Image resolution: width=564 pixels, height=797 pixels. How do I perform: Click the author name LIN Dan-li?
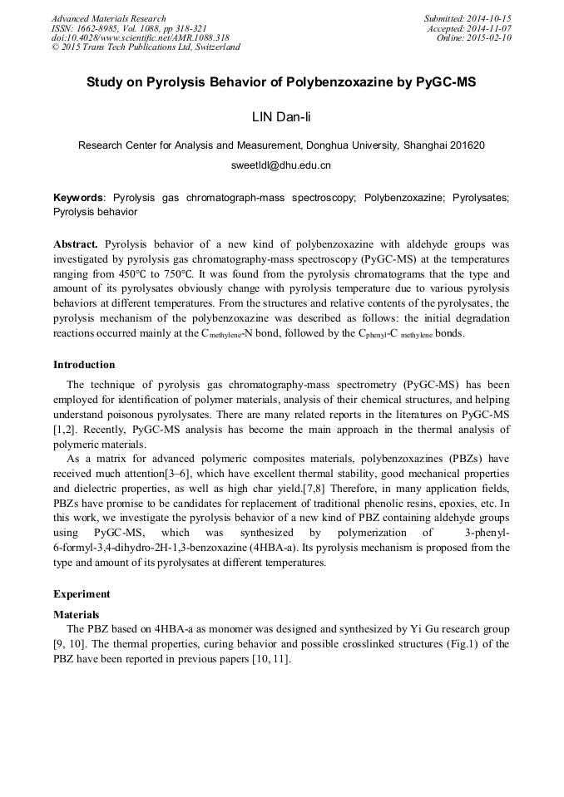281,115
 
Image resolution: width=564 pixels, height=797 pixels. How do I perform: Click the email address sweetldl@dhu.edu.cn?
281,165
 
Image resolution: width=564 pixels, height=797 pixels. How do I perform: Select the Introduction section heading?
84,365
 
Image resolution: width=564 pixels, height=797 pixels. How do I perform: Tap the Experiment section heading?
81,594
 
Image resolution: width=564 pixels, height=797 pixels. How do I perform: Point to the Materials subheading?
77,615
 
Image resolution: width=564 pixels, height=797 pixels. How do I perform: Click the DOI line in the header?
141,37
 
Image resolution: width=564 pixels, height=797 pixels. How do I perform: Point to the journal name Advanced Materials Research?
108,18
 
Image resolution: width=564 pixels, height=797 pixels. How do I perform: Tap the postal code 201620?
468,145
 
